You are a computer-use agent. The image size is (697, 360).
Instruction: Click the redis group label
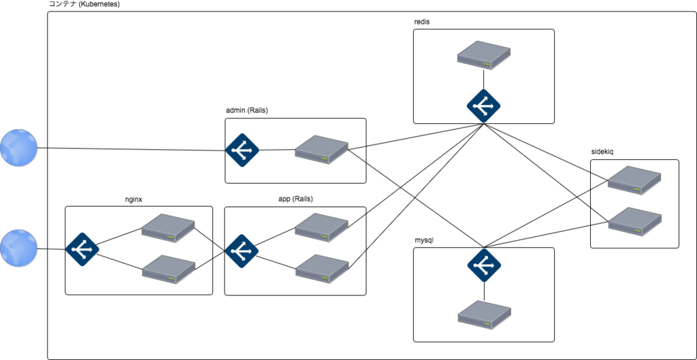click(x=421, y=22)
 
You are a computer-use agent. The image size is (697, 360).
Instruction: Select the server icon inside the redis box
click(x=484, y=55)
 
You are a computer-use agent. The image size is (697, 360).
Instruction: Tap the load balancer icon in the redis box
click(x=484, y=106)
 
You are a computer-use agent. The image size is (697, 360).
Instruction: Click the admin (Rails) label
click(x=246, y=111)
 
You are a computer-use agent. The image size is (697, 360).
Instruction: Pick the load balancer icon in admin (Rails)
click(x=242, y=150)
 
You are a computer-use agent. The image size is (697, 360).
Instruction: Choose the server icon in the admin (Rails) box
click(x=321, y=150)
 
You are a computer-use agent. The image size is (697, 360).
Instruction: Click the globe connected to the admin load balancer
click(x=18, y=148)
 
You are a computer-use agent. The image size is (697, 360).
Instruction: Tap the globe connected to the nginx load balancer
click(x=18, y=248)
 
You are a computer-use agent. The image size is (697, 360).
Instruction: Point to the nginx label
click(x=134, y=199)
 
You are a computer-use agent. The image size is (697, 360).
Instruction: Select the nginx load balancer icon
click(x=82, y=249)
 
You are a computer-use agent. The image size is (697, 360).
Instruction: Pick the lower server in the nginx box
click(x=169, y=269)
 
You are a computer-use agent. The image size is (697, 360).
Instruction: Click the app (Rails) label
click(x=293, y=199)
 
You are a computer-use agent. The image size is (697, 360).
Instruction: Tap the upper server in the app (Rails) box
click(x=321, y=227)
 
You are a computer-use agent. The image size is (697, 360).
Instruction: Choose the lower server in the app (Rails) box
click(x=322, y=269)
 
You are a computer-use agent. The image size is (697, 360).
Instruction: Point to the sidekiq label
click(x=602, y=152)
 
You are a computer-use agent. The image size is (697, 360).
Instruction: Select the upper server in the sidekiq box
click(x=634, y=180)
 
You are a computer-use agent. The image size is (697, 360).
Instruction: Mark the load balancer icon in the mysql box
click(x=484, y=266)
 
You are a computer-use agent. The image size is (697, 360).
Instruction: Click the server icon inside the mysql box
click(x=485, y=314)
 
